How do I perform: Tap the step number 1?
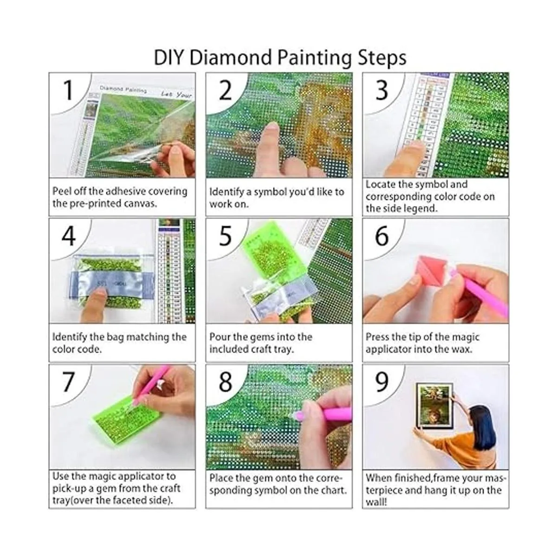pyautogui.click(x=69, y=90)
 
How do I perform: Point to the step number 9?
pyautogui.click(x=382, y=382)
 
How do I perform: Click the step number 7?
pyautogui.click(x=68, y=382)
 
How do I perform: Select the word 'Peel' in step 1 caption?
pyautogui.click(x=63, y=191)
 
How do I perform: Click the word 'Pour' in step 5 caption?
pyautogui.click(x=220, y=337)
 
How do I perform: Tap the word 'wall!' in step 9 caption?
pyautogui.click(x=376, y=502)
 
